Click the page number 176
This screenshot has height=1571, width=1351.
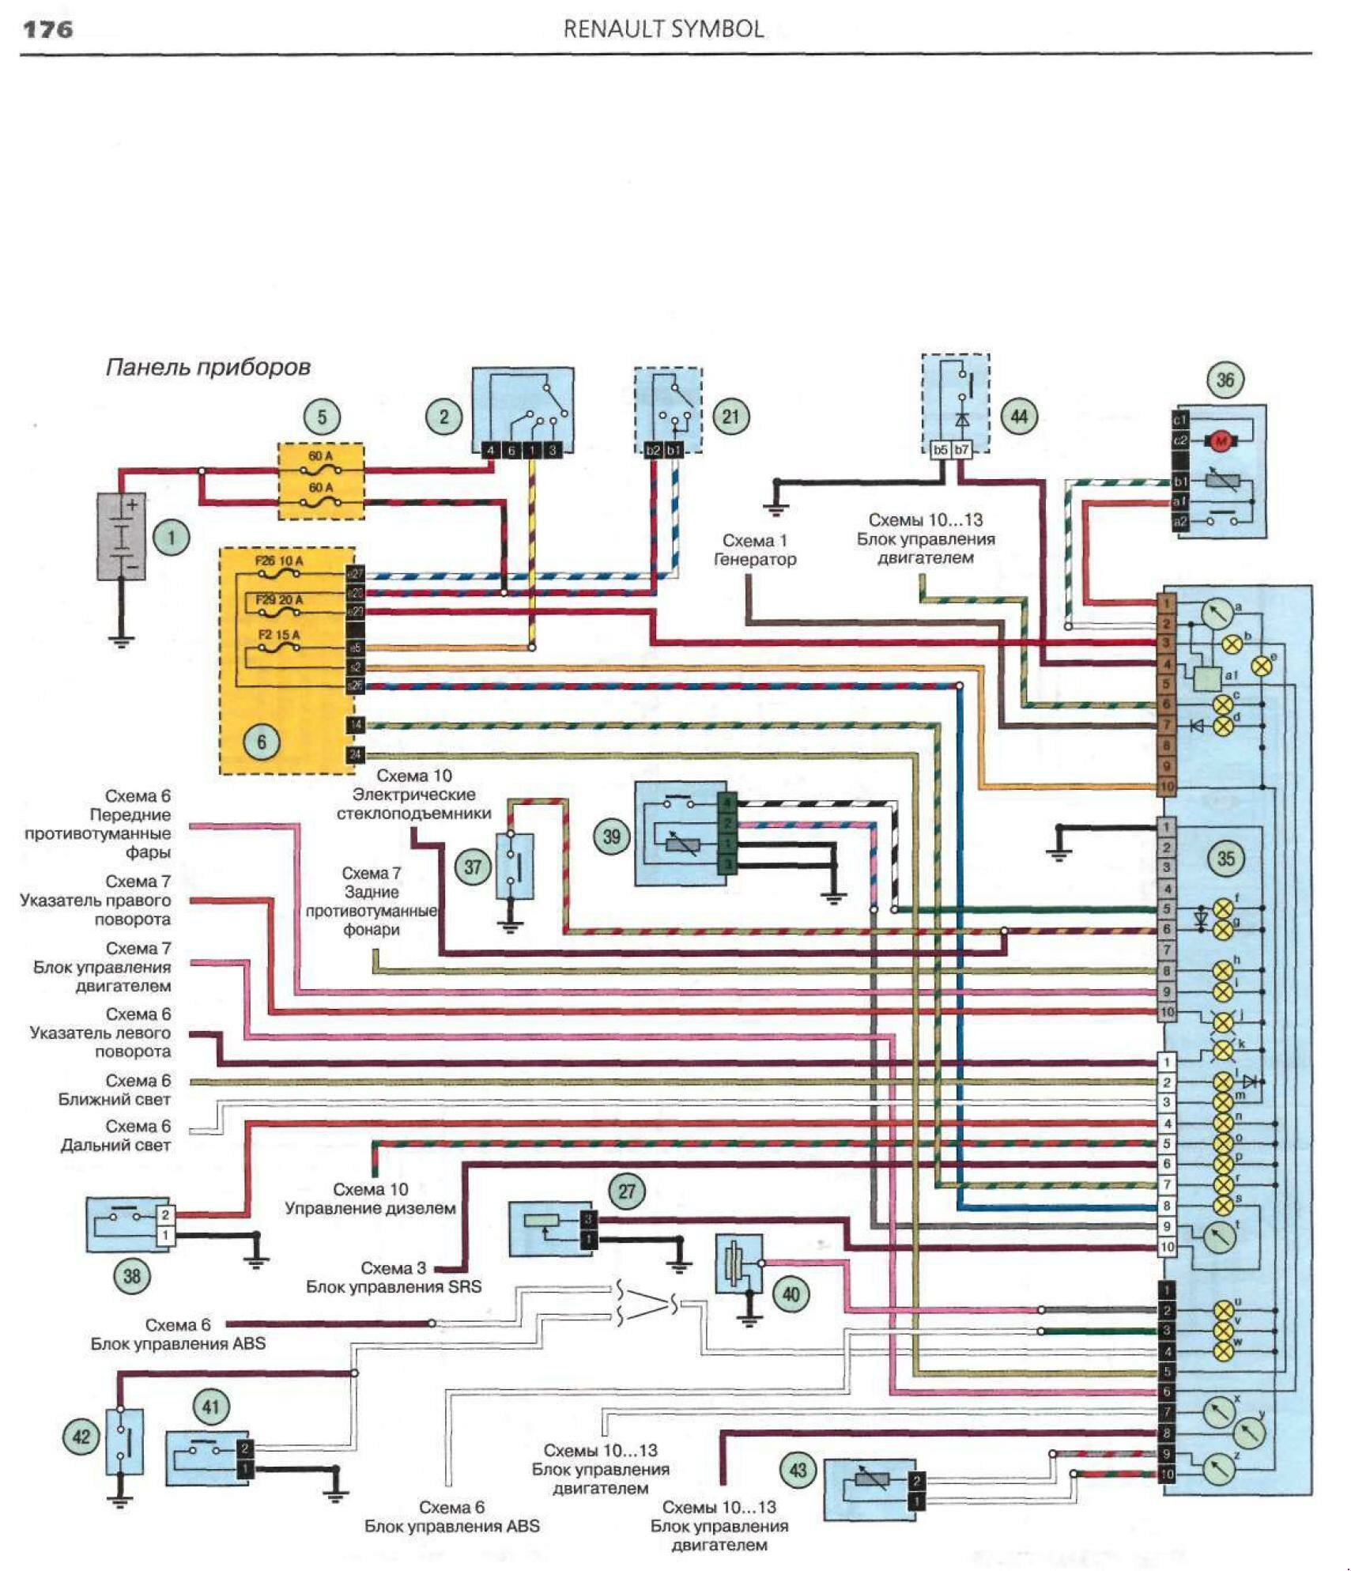(x=48, y=30)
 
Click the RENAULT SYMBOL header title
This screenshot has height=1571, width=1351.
(x=662, y=29)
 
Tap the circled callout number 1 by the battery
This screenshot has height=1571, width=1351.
(x=172, y=538)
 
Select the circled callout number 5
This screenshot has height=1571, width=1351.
(x=322, y=417)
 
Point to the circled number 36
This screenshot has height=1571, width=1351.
(x=1225, y=380)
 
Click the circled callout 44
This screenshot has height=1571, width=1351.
(x=1019, y=416)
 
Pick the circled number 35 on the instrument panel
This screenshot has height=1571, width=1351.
(x=1225, y=858)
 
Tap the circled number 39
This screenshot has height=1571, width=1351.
(x=612, y=836)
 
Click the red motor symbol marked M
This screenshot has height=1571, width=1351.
(x=1220, y=441)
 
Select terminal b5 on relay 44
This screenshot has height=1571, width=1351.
(x=940, y=450)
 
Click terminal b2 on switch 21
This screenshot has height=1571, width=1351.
(x=653, y=450)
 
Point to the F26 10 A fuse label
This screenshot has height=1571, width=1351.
(x=278, y=561)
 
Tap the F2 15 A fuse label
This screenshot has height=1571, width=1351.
(x=279, y=635)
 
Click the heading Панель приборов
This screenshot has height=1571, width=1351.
(x=207, y=367)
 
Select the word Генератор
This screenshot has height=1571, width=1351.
(x=754, y=560)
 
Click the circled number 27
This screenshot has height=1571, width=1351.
(x=627, y=1191)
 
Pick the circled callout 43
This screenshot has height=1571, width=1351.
(x=798, y=1470)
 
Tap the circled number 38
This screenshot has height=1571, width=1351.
(x=132, y=1276)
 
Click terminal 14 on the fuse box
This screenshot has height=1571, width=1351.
(x=356, y=725)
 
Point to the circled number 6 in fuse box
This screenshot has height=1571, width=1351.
(x=262, y=741)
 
